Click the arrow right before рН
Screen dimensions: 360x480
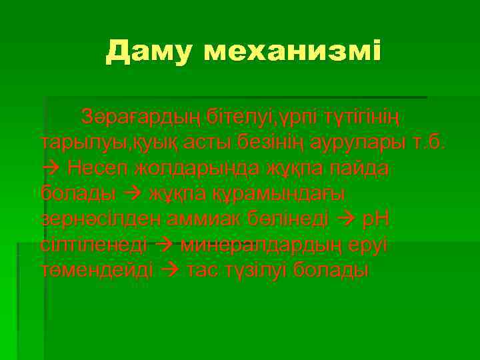[x=349, y=219]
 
